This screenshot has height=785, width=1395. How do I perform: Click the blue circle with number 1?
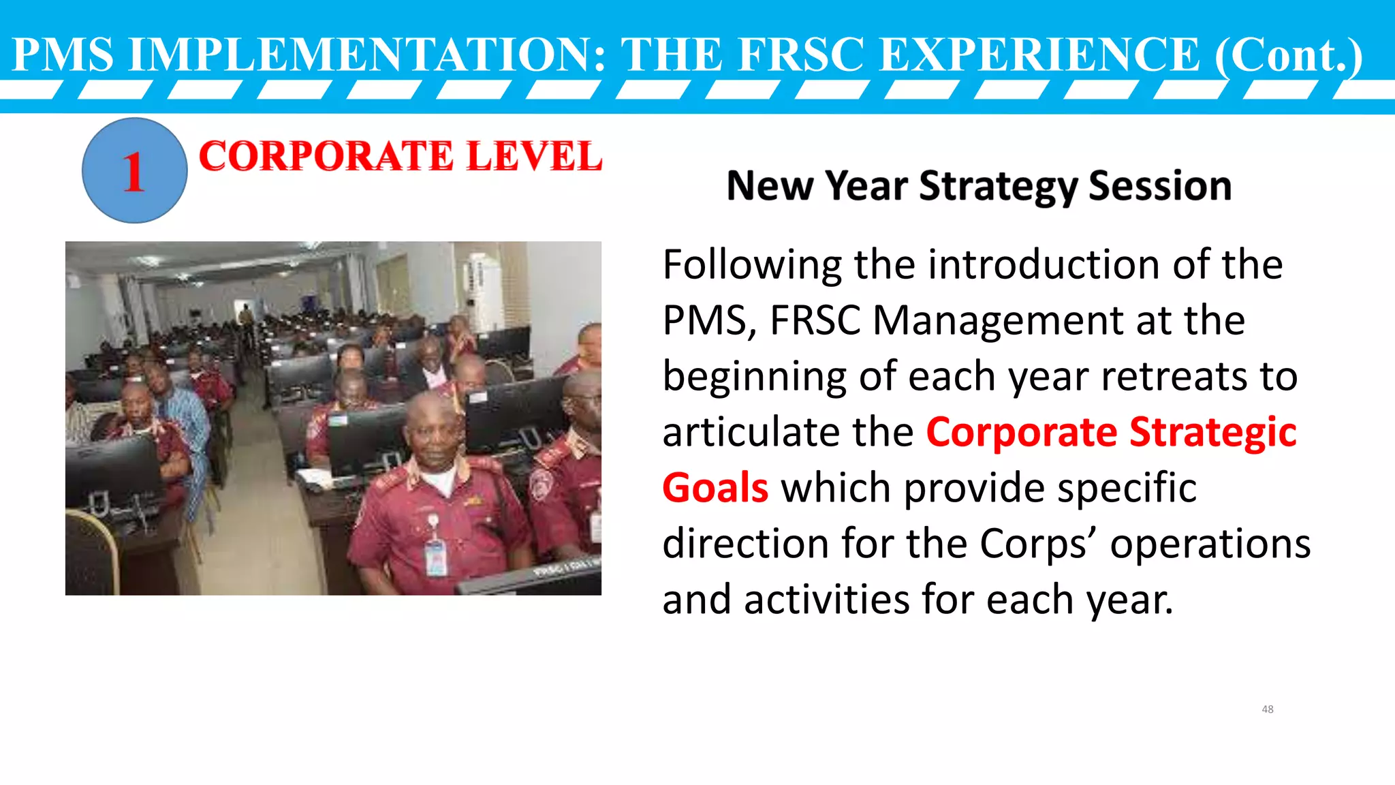click(x=134, y=170)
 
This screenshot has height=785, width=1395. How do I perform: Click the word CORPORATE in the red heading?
click(x=326, y=156)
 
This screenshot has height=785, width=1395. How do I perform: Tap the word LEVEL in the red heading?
click(x=535, y=156)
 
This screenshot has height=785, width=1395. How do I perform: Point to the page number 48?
click(x=1267, y=709)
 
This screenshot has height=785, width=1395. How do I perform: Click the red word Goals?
click(x=715, y=489)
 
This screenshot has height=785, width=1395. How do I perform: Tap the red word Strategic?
click(x=1212, y=433)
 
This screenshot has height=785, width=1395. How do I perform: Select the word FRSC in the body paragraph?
click(x=815, y=320)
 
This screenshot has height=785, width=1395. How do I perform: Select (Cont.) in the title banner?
click(x=1289, y=55)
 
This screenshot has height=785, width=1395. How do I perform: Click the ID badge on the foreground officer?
click(x=435, y=552)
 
